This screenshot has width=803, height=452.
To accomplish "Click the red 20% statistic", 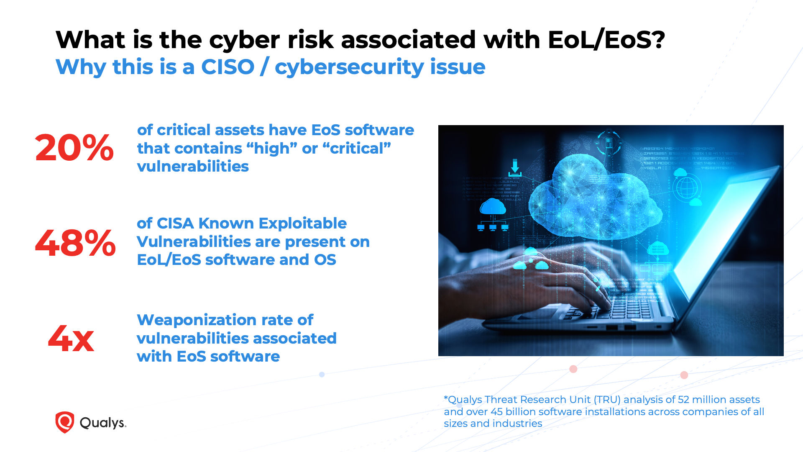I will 74,148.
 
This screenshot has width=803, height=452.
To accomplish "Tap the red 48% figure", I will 75,243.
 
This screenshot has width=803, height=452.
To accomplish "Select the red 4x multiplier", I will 71,339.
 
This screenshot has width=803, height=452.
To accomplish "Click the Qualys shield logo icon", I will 64,422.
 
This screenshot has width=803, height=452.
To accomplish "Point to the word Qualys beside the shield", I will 102,423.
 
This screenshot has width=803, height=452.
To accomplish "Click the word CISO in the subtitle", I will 228,67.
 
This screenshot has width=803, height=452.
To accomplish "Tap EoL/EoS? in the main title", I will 606,40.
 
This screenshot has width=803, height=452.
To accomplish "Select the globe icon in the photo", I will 686,187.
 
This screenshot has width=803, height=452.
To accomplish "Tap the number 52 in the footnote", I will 683,400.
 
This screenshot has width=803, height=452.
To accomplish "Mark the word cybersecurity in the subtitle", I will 380,67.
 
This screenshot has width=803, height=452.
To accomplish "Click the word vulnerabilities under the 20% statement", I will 193,167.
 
